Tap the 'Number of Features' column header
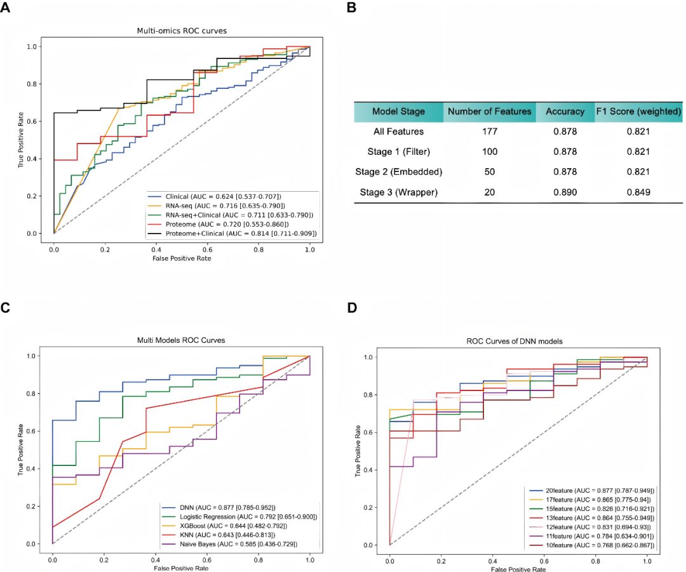click(489, 112)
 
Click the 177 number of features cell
click(489, 132)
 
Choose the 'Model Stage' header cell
click(398, 112)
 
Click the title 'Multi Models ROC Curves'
click(181, 341)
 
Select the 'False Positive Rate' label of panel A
click(181, 259)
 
